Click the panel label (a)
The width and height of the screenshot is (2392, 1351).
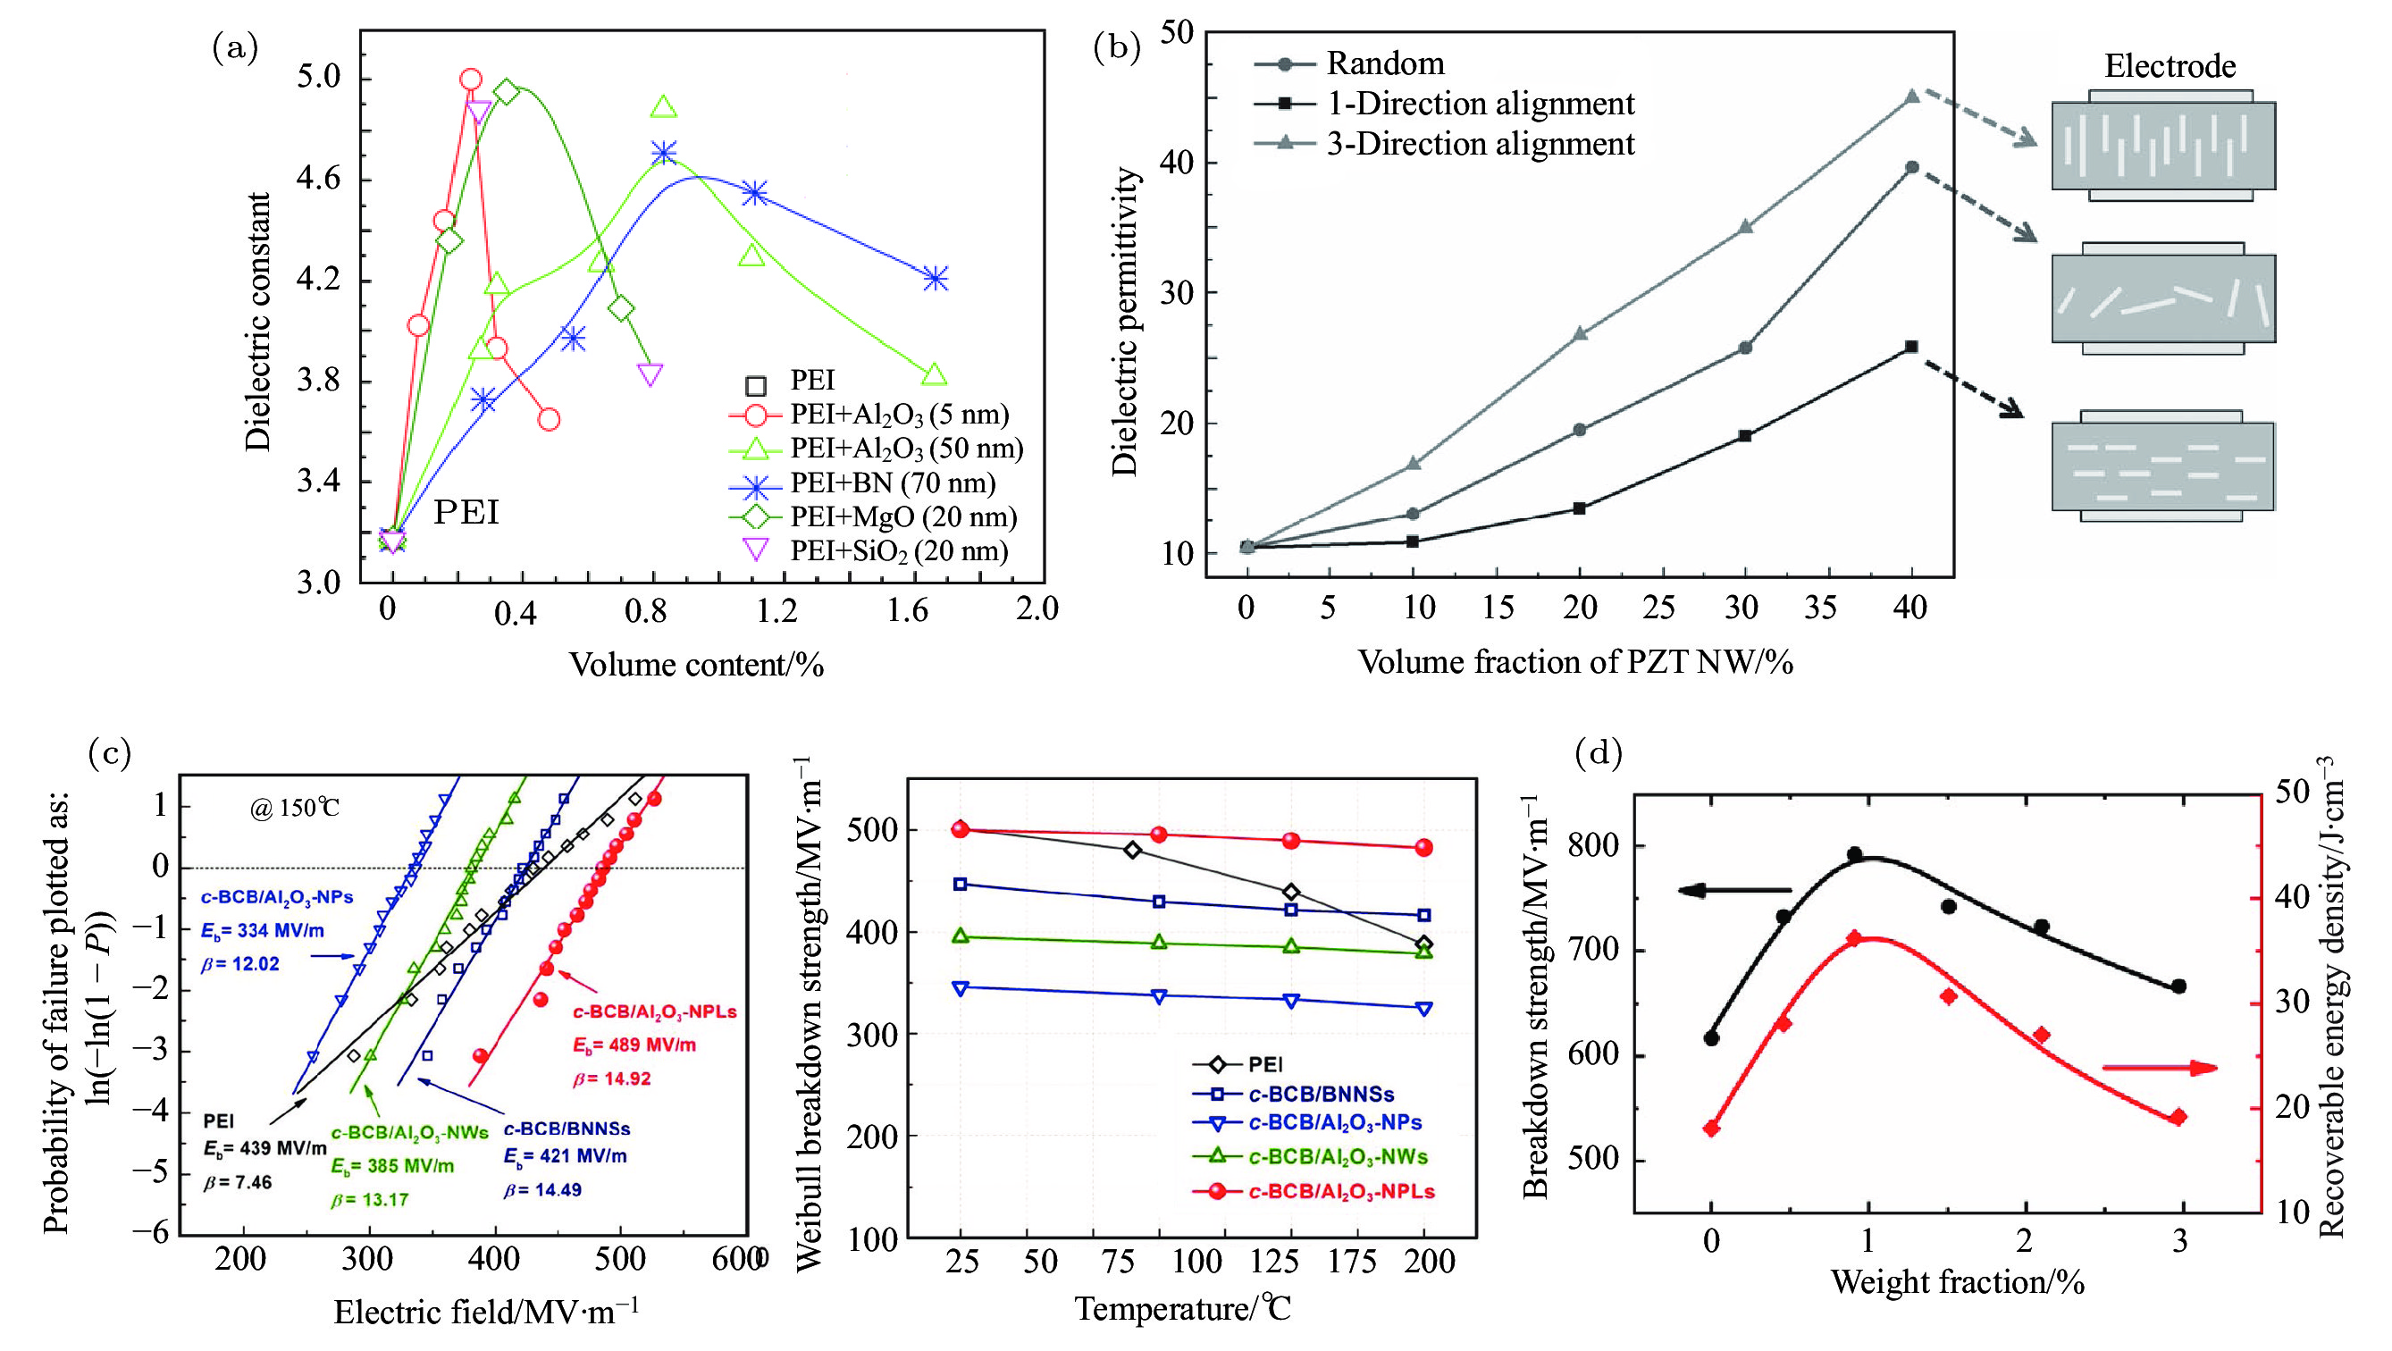[235, 48]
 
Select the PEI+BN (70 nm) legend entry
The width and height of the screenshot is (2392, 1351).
[892, 483]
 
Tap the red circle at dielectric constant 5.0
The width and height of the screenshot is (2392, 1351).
[471, 80]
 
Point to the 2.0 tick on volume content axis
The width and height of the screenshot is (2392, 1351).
[1037, 609]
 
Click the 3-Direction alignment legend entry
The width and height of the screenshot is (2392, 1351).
[1479, 144]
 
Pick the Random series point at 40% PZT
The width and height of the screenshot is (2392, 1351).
[1912, 168]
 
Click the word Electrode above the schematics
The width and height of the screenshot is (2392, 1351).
[2170, 66]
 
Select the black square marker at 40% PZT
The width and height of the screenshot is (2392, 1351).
[1912, 347]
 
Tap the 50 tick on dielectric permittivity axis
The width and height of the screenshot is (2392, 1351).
[1176, 32]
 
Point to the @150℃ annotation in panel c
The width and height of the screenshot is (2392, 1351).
[294, 808]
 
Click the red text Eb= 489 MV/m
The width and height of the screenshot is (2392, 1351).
[634, 1045]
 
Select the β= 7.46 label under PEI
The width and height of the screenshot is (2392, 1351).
[238, 1182]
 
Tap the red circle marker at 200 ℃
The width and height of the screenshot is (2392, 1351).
[1423, 848]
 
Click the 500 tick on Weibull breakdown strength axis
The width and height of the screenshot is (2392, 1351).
[872, 830]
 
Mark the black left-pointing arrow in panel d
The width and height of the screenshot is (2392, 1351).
[1733, 892]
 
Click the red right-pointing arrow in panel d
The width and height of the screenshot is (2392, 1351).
[2159, 1068]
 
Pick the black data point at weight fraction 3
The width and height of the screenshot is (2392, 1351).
[2178, 986]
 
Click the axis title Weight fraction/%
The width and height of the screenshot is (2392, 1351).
[1958, 1282]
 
